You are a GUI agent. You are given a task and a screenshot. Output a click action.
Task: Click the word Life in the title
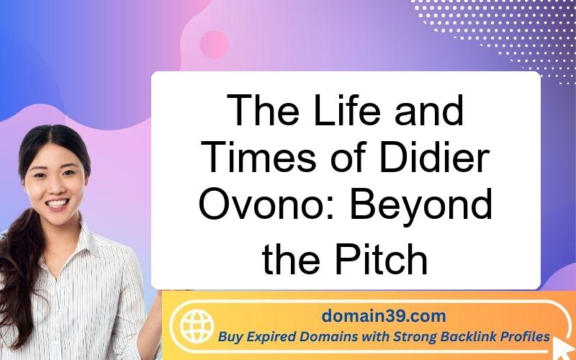point(347,110)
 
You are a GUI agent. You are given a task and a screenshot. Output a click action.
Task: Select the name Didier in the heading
point(435,157)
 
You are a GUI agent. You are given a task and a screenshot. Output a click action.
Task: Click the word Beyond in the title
point(421,204)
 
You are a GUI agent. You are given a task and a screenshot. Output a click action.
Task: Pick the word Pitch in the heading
point(382,258)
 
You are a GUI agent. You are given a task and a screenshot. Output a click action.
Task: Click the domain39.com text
point(384,316)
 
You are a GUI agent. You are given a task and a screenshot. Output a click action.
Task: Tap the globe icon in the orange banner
point(197,326)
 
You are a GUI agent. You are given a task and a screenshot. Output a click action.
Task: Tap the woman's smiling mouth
point(58,203)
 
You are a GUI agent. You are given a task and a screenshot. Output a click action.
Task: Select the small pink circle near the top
point(215,45)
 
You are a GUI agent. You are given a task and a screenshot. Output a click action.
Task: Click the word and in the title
point(428,110)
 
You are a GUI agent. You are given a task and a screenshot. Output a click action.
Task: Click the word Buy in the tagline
point(230,337)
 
